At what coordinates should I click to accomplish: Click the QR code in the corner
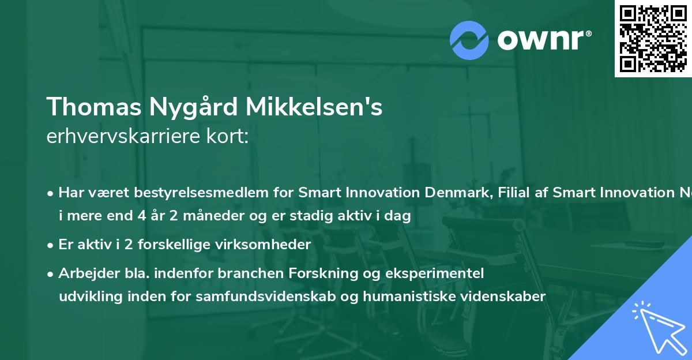click(x=653, y=39)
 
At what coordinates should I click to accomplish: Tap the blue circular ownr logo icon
click(x=469, y=40)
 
